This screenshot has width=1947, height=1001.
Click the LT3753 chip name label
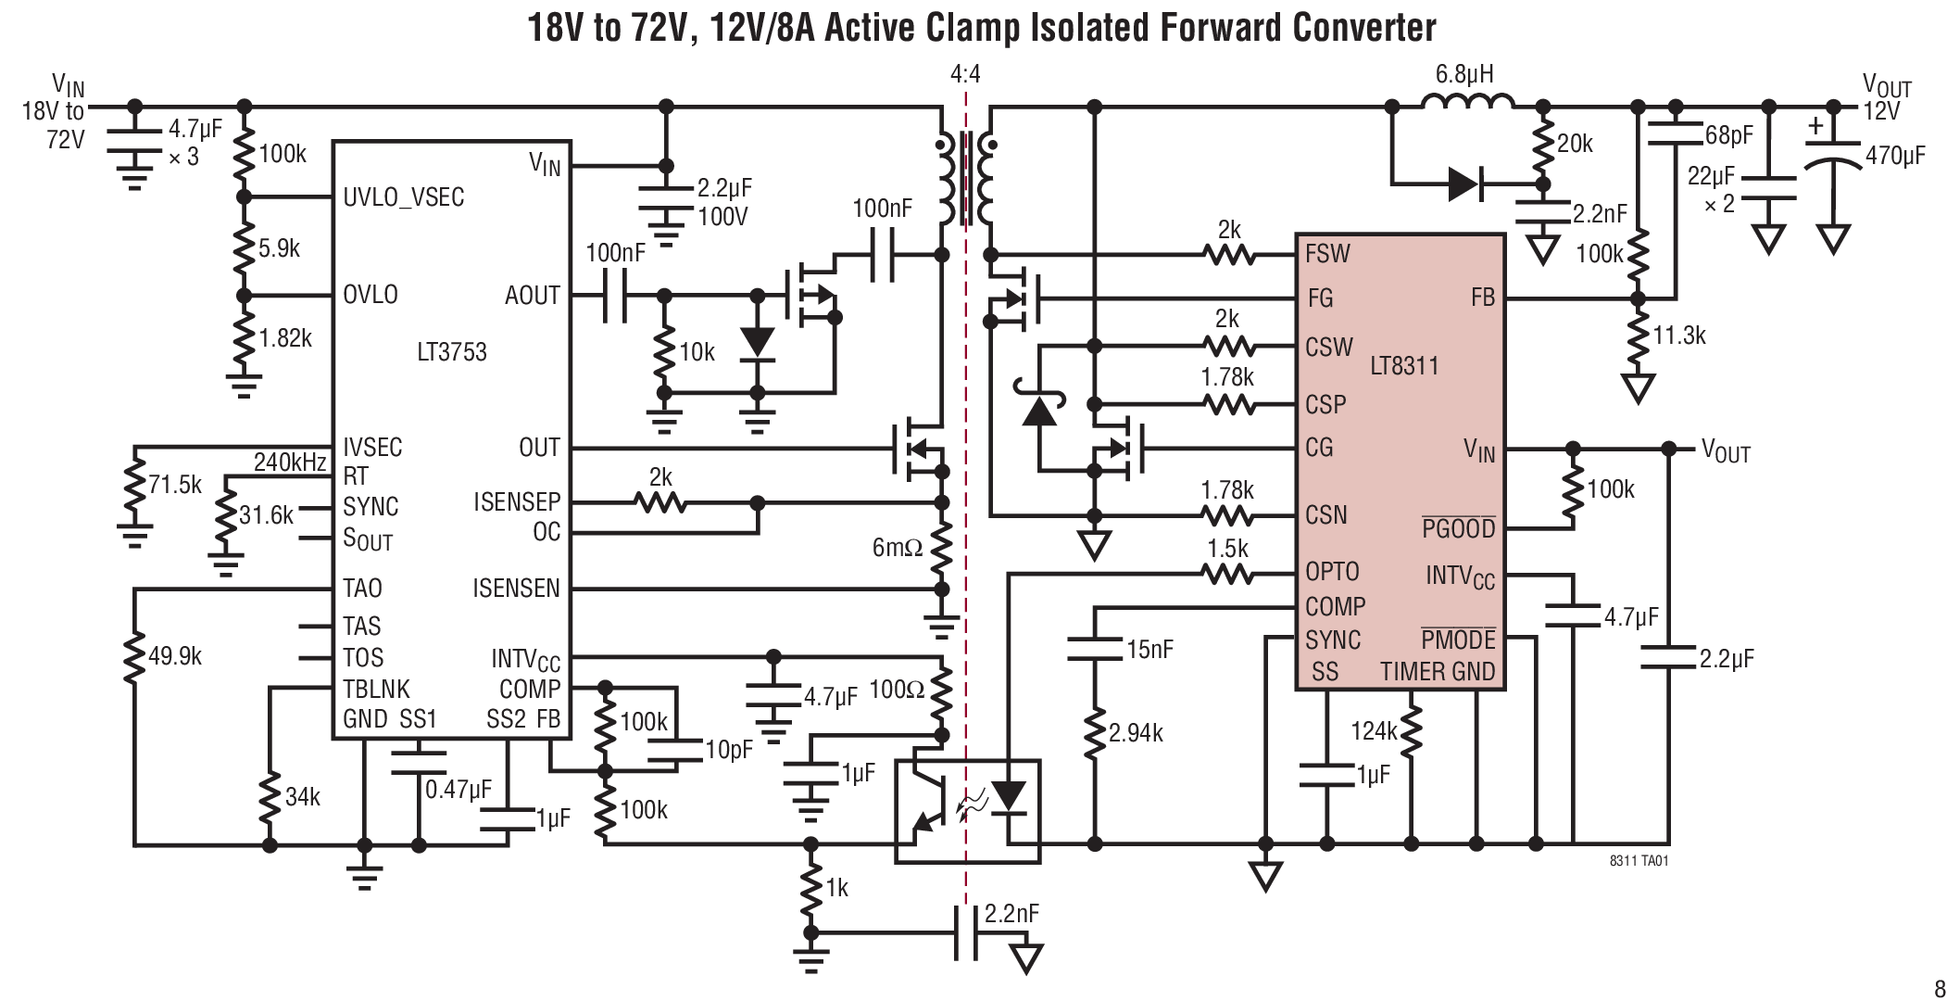(x=451, y=352)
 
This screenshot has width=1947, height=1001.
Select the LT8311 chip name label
(x=1404, y=365)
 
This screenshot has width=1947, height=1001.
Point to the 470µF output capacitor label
(x=1895, y=156)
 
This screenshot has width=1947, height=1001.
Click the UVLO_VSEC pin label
(x=403, y=197)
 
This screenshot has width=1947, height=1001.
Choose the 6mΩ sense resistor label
(x=898, y=548)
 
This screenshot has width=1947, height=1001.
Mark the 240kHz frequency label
(x=289, y=462)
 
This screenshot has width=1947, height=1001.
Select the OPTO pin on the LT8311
(x=1332, y=572)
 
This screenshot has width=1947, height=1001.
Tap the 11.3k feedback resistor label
(x=1678, y=336)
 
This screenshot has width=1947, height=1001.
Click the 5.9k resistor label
(x=279, y=248)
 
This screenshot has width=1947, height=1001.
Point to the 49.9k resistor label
(x=174, y=656)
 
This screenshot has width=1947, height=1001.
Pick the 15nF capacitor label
(x=1149, y=650)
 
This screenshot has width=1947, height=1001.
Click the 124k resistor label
(x=1373, y=731)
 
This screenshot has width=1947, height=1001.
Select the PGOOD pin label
(x=1459, y=529)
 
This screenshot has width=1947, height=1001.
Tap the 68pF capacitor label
(x=1728, y=135)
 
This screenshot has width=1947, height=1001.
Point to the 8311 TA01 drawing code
(x=1639, y=861)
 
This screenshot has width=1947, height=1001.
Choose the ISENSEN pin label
(x=516, y=589)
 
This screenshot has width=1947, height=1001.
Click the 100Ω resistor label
(x=897, y=691)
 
